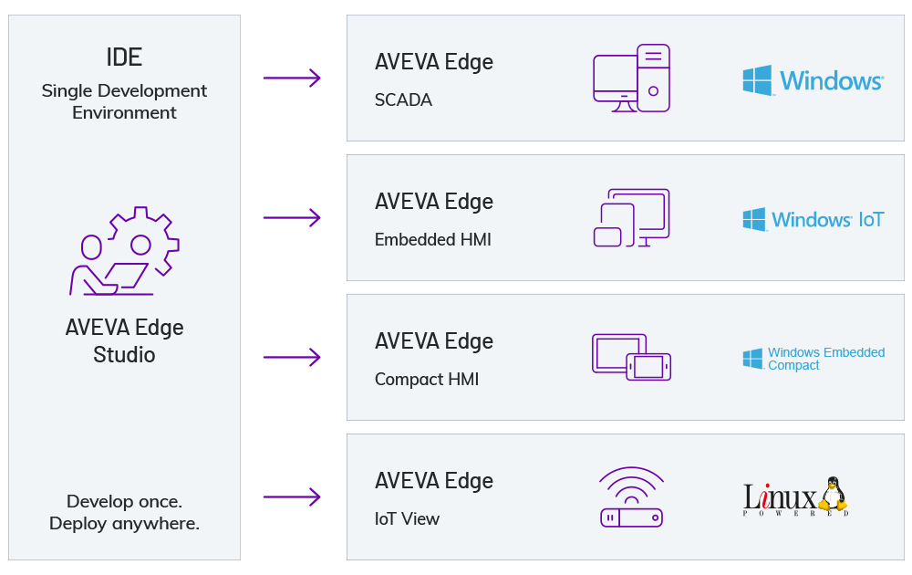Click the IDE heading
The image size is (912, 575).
[x=124, y=57]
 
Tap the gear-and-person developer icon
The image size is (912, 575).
[x=125, y=251]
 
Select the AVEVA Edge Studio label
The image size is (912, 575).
[x=124, y=340]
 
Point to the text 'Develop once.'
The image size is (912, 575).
[x=124, y=501]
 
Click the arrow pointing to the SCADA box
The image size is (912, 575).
[x=292, y=78]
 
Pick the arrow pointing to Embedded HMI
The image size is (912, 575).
[x=292, y=218]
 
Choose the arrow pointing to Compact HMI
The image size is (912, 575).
[x=292, y=358]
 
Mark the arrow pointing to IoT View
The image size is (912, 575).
[x=292, y=497]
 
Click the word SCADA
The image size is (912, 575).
[x=403, y=99]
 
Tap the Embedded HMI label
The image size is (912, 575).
[x=433, y=239]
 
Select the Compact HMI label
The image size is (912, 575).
[x=427, y=379]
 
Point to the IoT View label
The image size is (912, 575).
[x=407, y=518]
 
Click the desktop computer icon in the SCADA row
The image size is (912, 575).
[x=631, y=78]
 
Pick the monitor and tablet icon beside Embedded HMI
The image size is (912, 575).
[x=631, y=218]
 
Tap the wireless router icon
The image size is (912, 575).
[x=631, y=497]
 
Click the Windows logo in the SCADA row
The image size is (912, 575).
[x=813, y=80]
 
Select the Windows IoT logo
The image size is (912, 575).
[x=813, y=220]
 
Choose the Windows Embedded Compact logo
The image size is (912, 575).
[x=813, y=359]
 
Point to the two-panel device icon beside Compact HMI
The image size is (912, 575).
[x=631, y=357]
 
